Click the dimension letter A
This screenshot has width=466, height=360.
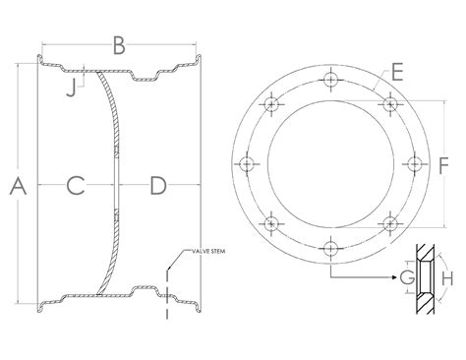click(x=18, y=185)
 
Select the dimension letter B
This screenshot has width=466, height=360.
click(x=119, y=46)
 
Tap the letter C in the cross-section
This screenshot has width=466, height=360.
click(x=76, y=185)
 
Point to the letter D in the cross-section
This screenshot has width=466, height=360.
click(x=158, y=185)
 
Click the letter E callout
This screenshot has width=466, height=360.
click(x=397, y=73)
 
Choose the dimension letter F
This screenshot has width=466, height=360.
click(x=443, y=165)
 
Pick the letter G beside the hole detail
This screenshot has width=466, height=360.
click(x=407, y=278)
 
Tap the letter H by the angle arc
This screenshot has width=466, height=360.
click(x=447, y=278)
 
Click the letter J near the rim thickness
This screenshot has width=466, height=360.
click(x=71, y=89)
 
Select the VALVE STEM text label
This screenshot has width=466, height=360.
click(x=208, y=251)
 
